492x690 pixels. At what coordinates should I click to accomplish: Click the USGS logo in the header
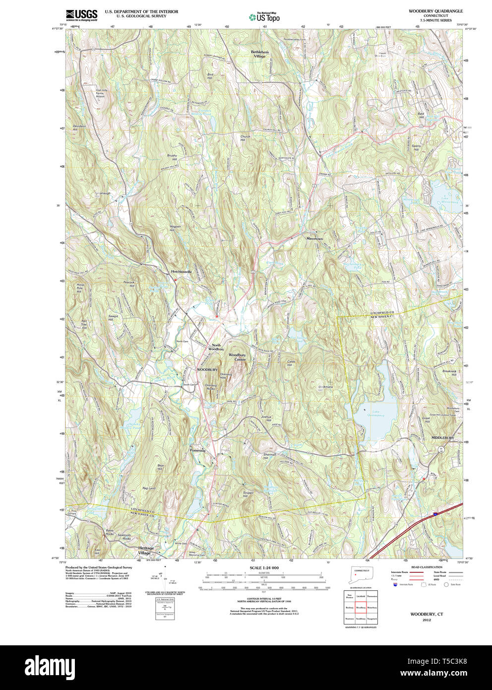pyautogui.click(x=81, y=15)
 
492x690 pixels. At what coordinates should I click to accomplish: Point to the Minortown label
pyautogui.click(x=314, y=239)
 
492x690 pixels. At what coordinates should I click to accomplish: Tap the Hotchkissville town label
pyautogui.click(x=181, y=272)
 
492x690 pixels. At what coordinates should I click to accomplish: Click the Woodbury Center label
pyautogui.click(x=237, y=357)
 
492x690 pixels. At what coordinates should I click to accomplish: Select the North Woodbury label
pyautogui.click(x=216, y=347)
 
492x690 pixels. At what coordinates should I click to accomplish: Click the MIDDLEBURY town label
pyautogui.click(x=442, y=438)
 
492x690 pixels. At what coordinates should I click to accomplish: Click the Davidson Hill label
pyautogui.click(x=79, y=128)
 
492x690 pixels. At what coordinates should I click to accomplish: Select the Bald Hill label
pyautogui.click(x=421, y=115)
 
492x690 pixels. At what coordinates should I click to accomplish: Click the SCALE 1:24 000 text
pyautogui.click(x=264, y=567)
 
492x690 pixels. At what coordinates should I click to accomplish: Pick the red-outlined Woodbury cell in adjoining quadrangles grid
pyautogui.click(x=361, y=607)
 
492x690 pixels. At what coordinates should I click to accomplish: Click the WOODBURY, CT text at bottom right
pyautogui.click(x=427, y=614)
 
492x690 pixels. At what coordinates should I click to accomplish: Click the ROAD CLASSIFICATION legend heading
pyautogui.click(x=427, y=567)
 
